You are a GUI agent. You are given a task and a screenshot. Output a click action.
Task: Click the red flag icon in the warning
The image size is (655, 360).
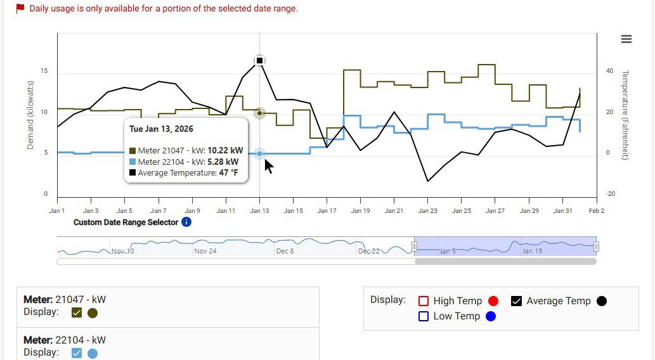pyautogui.click(x=20, y=8)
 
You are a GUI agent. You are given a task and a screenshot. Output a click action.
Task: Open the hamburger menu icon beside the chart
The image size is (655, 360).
pyautogui.click(x=626, y=39)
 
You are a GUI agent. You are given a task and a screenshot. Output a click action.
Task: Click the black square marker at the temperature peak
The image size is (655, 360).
pyautogui.click(x=259, y=61)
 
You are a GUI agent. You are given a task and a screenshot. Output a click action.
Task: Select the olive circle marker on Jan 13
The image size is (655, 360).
pyautogui.click(x=259, y=113)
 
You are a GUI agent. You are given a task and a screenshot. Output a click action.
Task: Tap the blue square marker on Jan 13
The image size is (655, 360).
pyautogui.click(x=259, y=154)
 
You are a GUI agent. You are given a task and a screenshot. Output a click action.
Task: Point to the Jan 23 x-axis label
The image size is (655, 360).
pyautogui.click(x=427, y=211)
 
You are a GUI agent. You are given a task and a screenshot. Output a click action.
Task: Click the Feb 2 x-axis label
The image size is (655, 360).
pyautogui.click(x=597, y=211)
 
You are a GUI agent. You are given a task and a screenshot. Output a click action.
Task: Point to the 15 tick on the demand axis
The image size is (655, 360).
pyautogui.click(x=44, y=71)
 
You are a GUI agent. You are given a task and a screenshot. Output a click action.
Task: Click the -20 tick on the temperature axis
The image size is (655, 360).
pyautogui.click(x=610, y=194)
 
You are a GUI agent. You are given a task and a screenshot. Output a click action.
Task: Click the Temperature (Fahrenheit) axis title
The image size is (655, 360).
pyautogui.click(x=625, y=115)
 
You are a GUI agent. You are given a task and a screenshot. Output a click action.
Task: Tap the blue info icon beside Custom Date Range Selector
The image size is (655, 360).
pyautogui.click(x=186, y=222)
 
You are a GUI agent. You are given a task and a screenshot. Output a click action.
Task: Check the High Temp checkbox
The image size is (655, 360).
pyautogui.click(x=424, y=301)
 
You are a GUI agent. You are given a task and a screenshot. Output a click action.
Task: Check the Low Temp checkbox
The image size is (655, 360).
pyautogui.click(x=424, y=316)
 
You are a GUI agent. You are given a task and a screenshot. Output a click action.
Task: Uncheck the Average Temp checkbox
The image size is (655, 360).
pyautogui.click(x=517, y=301)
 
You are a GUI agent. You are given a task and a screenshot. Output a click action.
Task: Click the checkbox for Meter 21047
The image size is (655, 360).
pyautogui.click(x=77, y=312)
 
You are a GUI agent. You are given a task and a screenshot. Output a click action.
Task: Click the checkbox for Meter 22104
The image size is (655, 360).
pyautogui.click(x=77, y=353)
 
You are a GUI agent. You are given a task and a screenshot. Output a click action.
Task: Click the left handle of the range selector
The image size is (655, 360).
pyautogui.click(x=415, y=246)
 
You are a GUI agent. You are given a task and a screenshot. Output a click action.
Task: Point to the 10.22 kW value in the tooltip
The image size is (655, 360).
pyautogui.click(x=225, y=151)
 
